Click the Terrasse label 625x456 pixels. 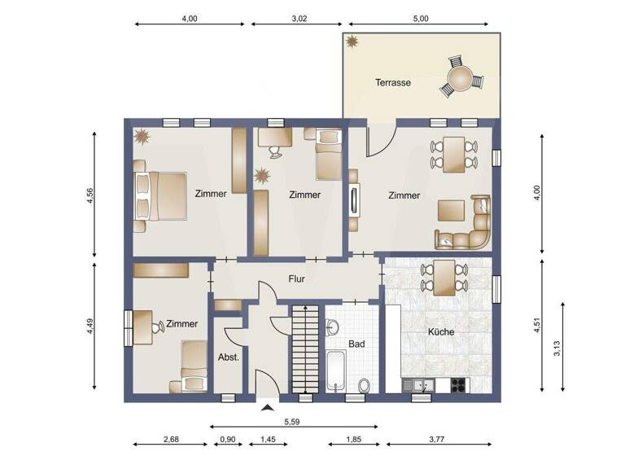(392, 82)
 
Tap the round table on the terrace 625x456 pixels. (461, 79)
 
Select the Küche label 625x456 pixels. (440, 332)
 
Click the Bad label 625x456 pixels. (356, 344)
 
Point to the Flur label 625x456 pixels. (297, 278)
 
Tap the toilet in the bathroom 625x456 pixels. (365, 384)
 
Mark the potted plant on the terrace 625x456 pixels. (352, 41)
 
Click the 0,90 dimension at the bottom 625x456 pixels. (229, 440)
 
